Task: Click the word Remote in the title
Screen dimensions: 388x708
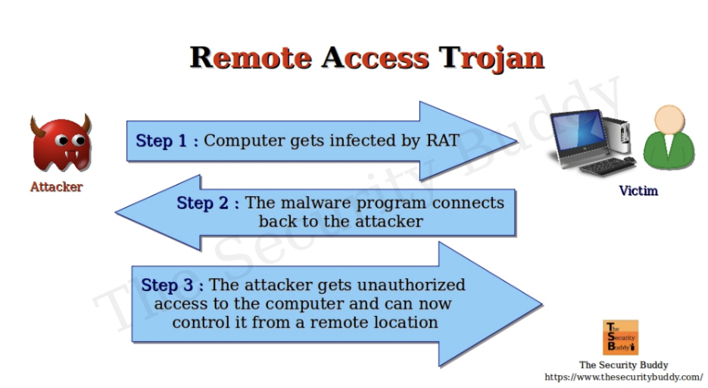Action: pos(250,58)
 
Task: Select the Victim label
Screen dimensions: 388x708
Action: pos(638,191)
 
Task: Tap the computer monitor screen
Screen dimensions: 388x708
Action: pos(575,133)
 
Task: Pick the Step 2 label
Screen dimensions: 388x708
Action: pos(207,203)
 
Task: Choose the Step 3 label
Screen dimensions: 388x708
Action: pos(172,285)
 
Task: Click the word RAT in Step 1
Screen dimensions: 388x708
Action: pos(438,140)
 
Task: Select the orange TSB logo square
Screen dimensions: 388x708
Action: pos(620,337)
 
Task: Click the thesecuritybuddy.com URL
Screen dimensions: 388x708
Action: pos(623,377)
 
